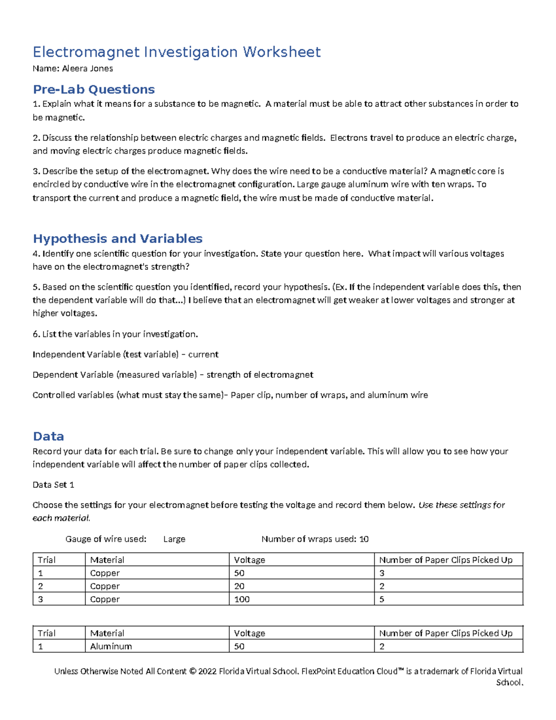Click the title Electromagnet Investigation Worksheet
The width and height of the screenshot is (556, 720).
point(177,52)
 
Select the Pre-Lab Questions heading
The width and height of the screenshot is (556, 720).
point(94,89)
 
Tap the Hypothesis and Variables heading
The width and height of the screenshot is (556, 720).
point(118,238)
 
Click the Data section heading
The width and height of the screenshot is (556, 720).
point(48,436)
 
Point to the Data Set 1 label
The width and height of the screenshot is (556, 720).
point(53,485)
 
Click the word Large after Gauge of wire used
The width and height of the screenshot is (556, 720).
point(174,539)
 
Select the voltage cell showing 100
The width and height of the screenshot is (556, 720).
point(242,599)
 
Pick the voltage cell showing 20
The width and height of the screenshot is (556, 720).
point(239,586)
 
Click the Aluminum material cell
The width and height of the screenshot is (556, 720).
point(111,646)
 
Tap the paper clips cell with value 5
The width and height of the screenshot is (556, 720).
point(382,599)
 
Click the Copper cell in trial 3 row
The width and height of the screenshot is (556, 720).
point(105,599)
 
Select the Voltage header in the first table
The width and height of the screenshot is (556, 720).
point(249,560)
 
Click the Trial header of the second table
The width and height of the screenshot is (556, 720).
point(46,633)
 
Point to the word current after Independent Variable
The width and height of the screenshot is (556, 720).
point(203,355)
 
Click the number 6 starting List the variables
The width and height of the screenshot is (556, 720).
point(35,334)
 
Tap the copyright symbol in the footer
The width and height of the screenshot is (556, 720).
point(192,671)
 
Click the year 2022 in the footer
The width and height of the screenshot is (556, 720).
point(207,671)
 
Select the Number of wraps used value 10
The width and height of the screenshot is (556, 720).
point(364,539)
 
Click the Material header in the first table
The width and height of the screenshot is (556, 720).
point(107,560)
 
